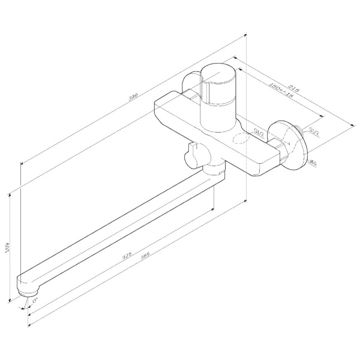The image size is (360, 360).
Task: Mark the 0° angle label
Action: (x=35, y=298)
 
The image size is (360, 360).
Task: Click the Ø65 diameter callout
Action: (x=313, y=163)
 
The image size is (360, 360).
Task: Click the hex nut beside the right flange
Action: (x=277, y=148)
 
